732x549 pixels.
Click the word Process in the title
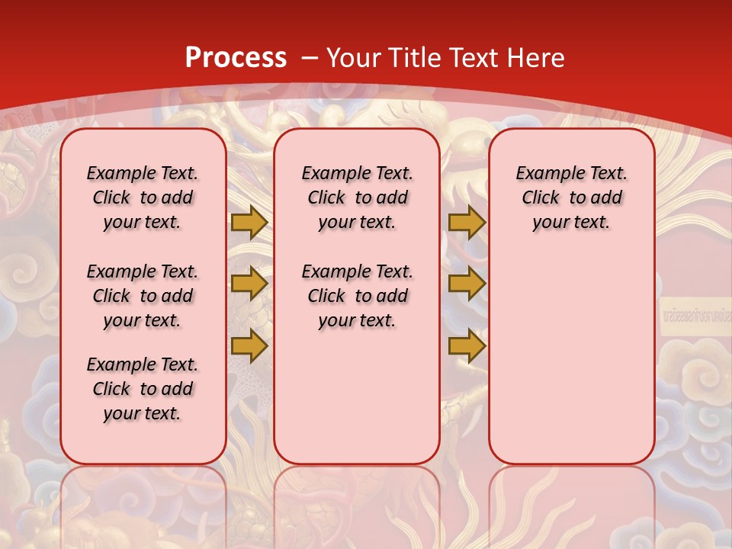pyautogui.click(x=236, y=58)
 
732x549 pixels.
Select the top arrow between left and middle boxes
pyautogui.click(x=249, y=222)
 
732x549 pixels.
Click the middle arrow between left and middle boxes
pyautogui.click(x=249, y=284)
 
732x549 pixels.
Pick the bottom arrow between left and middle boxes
pyautogui.click(x=249, y=346)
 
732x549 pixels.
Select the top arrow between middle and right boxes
pyautogui.click(x=467, y=222)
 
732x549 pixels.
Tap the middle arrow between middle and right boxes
pyautogui.click(x=467, y=284)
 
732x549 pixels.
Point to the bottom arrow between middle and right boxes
pyautogui.click(x=467, y=346)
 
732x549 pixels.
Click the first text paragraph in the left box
pyautogui.click(x=143, y=197)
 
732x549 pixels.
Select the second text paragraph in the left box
pyautogui.click(x=143, y=296)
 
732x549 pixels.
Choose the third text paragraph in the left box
pyautogui.click(x=143, y=389)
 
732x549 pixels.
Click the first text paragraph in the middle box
pyautogui.click(x=357, y=197)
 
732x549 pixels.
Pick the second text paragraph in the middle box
pyautogui.click(x=357, y=296)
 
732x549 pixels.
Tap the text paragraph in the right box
pyautogui.click(x=571, y=197)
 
